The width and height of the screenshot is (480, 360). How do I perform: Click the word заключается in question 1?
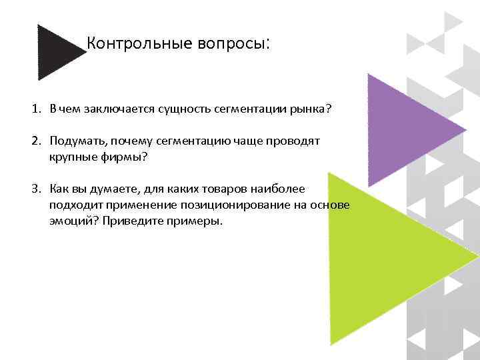click(113, 109)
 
